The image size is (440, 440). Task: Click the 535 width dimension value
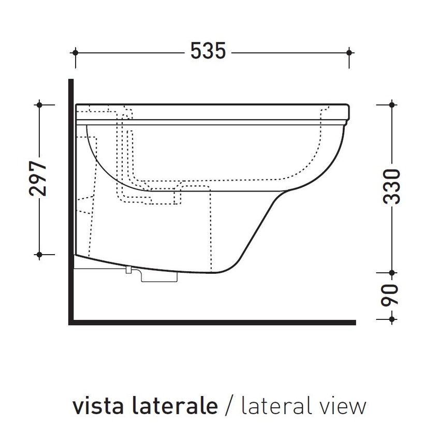[x=208, y=52]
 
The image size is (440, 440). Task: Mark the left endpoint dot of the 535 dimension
[x=76, y=52]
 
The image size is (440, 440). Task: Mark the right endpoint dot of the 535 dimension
[x=349, y=52]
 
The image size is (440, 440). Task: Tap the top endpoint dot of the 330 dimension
[x=392, y=105]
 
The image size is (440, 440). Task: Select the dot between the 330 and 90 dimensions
[x=392, y=272]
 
